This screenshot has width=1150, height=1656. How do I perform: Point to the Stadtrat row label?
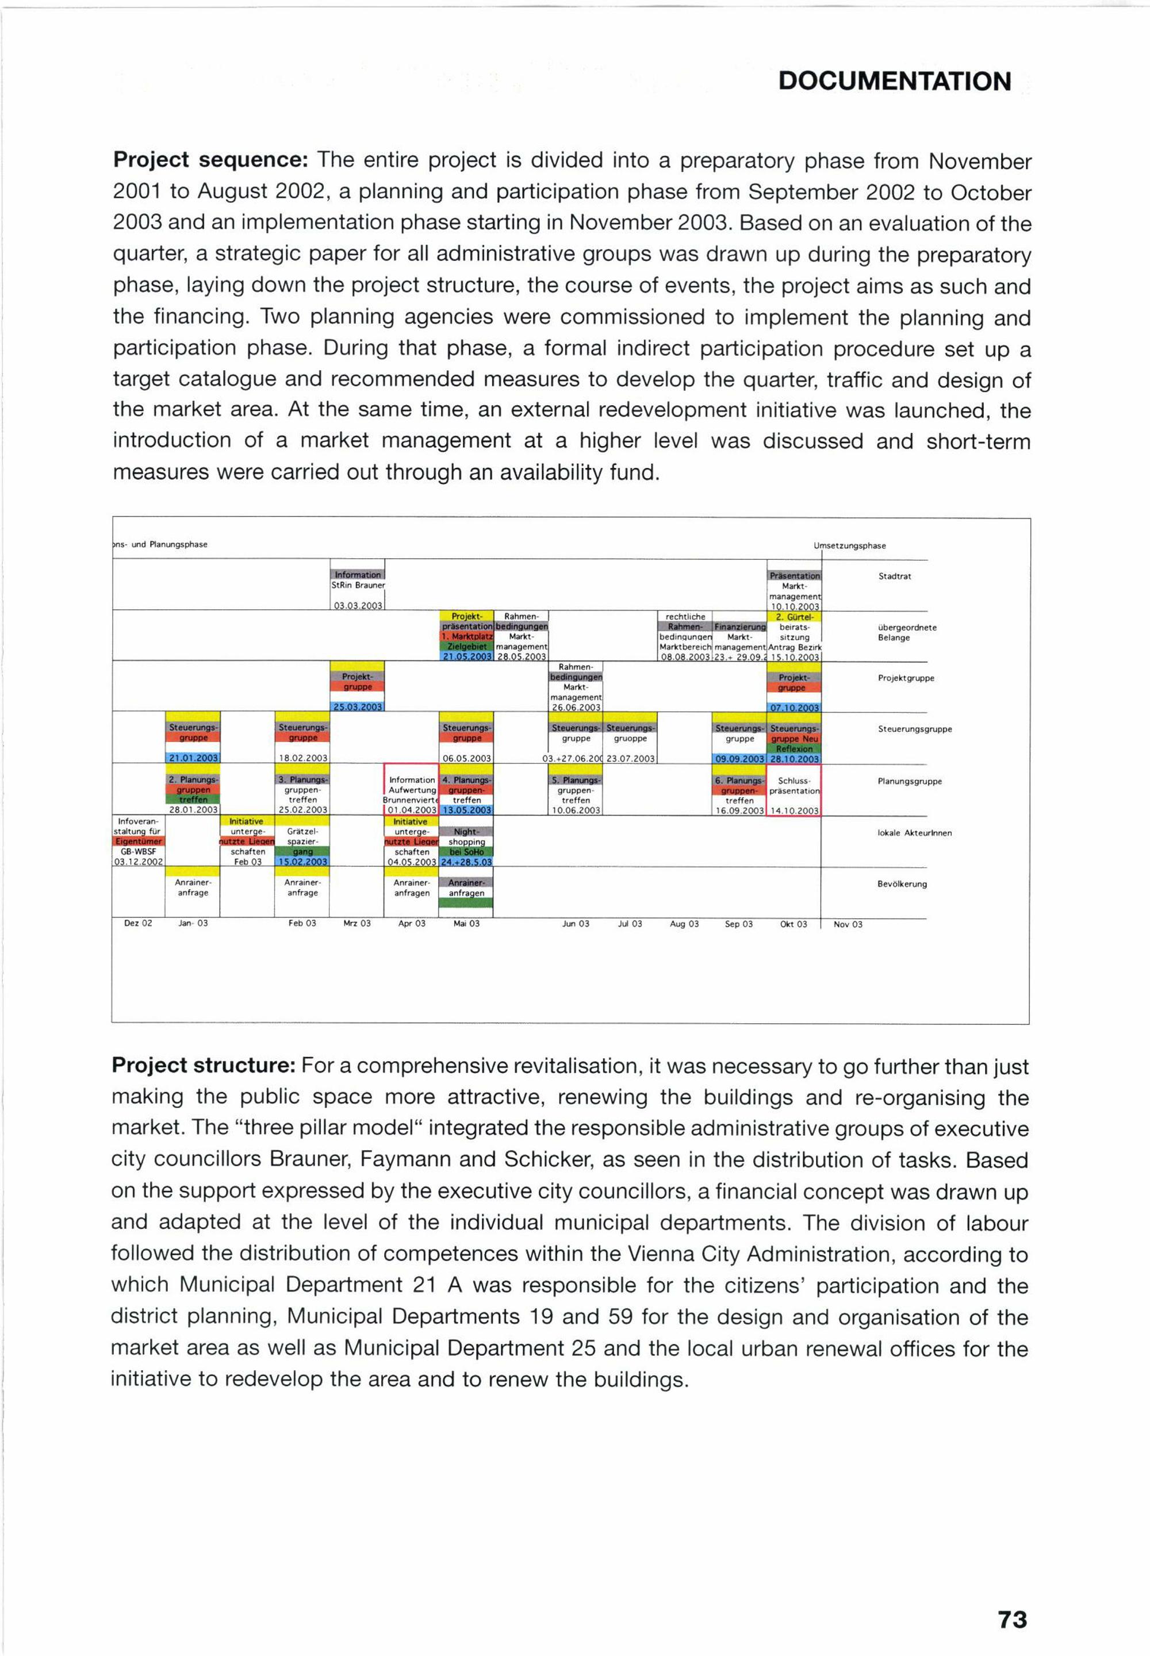pyautogui.click(x=894, y=577)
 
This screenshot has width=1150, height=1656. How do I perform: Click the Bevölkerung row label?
pyautogui.click(x=902, y=884)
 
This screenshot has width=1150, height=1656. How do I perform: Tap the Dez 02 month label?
pyautogui.click(x=137, y=924)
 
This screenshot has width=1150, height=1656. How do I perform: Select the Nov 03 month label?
pyautogui.click(x=848, y=924)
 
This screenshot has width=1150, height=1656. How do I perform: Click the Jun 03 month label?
pyautogui.click(x=576, y=924)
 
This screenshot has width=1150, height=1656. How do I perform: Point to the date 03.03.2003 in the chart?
pyautogui.click(x=358, y=606)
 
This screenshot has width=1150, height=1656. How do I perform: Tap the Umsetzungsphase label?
pyautogui.click(x=850, y=546)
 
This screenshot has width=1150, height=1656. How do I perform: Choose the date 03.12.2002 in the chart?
pyautogui.click(x=139, y=862)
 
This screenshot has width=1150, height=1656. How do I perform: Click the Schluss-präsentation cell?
pyautogui.click(x=794, y=786)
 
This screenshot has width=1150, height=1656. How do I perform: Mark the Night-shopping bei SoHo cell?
pyautogui.click(x=466, y=842)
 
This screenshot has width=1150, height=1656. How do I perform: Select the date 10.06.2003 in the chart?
pyautogui.click(x=576, y=810)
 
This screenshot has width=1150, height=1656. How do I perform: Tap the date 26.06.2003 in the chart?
pyautogui.click(x=576, y=708)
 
